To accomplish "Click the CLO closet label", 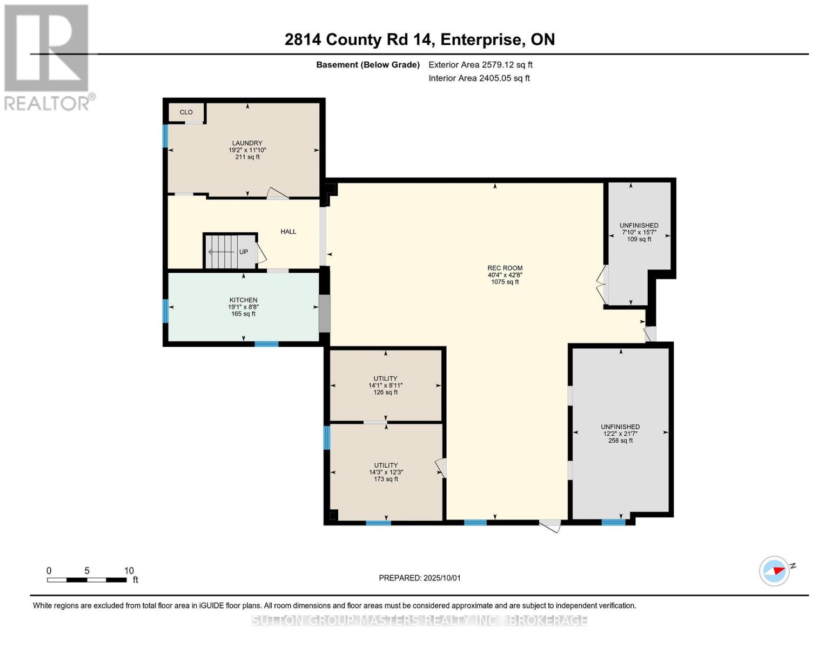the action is pos(186,112).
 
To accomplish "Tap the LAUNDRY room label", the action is pos(247,143).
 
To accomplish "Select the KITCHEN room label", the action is pos(243,300).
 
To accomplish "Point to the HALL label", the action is pos(288,232).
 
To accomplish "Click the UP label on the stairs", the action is pos(243,252).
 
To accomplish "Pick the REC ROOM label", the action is pos(505,268).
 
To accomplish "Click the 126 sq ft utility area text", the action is pos(385,392).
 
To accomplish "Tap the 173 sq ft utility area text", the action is pos(386,479).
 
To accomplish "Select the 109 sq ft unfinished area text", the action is pos(639,239).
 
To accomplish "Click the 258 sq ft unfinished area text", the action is pos(620,440).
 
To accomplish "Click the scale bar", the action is pos(87,579).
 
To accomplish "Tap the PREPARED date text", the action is pos(420,578).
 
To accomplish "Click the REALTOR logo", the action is pos(47,58).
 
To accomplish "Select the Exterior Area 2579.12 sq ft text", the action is pos(480,64).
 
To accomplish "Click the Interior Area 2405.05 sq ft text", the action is pos(479,78).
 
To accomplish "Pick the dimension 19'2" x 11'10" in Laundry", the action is pos(247,150).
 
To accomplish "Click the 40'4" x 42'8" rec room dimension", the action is pos(505,275).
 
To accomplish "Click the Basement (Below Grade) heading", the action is pos(368,64).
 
